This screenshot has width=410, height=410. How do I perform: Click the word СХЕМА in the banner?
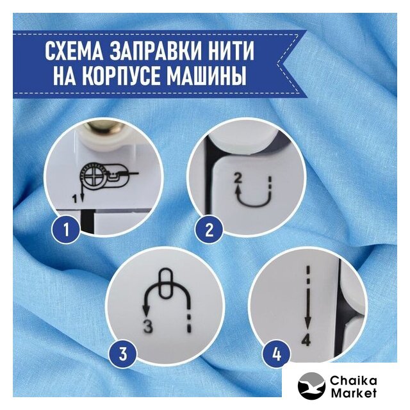74,51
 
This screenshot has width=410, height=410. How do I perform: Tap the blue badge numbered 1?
65,229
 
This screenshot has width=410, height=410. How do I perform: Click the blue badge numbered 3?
123,353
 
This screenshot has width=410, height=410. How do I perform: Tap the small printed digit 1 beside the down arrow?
75,200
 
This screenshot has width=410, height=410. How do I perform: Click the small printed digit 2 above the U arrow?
238,179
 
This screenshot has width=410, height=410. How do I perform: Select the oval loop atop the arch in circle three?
165,283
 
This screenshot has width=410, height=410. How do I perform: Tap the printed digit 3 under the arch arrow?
148,326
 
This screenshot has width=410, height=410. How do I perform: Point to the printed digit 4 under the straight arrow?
306,340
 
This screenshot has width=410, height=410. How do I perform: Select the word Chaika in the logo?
353,381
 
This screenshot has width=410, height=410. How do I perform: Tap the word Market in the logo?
354,393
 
